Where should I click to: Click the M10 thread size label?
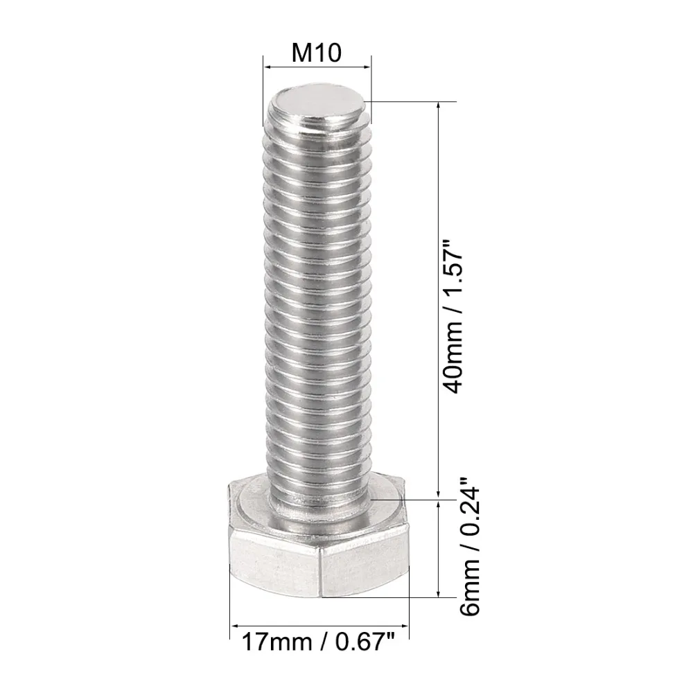click(317, 53)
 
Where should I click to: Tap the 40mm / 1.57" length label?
click(454, 317)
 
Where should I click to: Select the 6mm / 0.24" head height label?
click(470, 546)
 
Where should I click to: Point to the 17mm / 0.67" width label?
click(318, 641)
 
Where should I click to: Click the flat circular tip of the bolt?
click(318, 105)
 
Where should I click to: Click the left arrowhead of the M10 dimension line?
click(267, 67)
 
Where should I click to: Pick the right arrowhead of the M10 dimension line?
click(367, 67)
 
